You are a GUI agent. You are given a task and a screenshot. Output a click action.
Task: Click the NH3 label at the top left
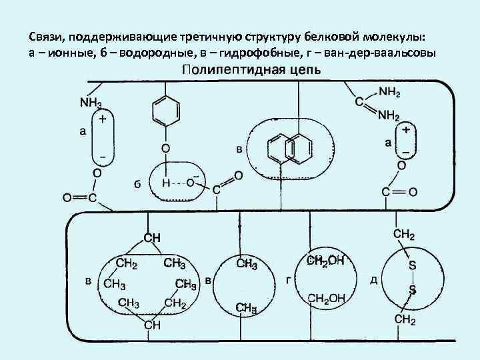91,103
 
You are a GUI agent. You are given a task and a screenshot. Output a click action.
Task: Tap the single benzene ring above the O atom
164,109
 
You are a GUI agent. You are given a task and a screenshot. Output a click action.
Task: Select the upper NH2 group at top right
389,91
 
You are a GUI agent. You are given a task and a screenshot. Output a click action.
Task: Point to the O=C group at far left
79,197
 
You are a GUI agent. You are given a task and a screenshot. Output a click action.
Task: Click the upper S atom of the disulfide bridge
412,265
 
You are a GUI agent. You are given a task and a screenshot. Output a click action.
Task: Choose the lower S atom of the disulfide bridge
412,290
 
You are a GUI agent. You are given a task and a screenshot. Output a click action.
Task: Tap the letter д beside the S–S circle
373,279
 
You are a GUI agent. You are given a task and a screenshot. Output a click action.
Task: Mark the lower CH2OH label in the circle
326,299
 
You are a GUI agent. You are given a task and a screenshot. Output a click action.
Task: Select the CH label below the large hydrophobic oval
153,325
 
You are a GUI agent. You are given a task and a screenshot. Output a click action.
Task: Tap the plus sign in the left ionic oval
103,121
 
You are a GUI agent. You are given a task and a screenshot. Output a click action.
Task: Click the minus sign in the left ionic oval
103,157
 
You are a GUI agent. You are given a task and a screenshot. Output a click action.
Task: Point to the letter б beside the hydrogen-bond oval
137,184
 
